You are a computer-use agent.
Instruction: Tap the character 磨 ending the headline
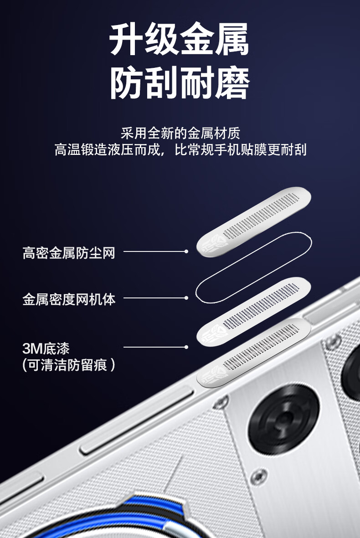(x=232, y=83)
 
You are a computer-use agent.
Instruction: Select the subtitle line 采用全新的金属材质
(x=180, y=133)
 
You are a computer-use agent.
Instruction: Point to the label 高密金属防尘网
(x=69, y=253)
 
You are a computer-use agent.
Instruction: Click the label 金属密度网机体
(x=69, y=299)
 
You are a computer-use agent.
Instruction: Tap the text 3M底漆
(x=46, y=348)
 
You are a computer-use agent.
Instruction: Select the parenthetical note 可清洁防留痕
(x=69, y=365)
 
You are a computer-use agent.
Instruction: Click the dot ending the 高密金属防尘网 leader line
(x=186, y=251)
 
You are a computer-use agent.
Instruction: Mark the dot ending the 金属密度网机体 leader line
(x=186, y=298)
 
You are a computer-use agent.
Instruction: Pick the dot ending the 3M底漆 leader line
(x=186, y=347)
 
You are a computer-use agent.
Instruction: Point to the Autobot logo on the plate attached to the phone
(x=213, y=374)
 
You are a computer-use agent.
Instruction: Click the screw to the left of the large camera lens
(x=221, y=401)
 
